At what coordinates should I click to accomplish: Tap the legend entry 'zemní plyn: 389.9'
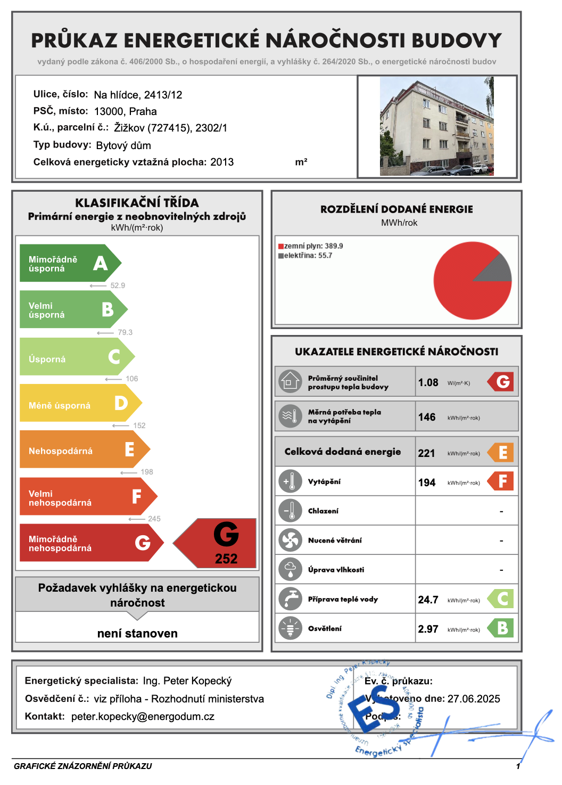click(x=311, y=246)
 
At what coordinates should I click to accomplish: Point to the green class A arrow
click(x=69, y=263)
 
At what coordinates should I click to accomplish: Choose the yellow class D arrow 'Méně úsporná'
click(x=80, y=403)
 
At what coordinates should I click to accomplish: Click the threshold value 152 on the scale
click(x=139, y=426)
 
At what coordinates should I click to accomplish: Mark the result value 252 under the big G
click(x=226, y=559)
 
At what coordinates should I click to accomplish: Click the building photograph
click(x=436, y=126)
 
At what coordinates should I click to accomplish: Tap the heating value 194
click(x=427, y=483)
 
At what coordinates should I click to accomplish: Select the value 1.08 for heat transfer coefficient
click(x=428, y=382)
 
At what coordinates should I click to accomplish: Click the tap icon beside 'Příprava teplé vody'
click(x=290, y=599)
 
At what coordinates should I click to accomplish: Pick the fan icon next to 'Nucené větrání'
click(x=290, y=541)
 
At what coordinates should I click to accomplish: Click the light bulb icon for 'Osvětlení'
click(x=290, y=628)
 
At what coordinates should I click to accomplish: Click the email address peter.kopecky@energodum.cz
click(x=143, y=717)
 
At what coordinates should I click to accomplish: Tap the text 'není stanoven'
click(x=137, y=633)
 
